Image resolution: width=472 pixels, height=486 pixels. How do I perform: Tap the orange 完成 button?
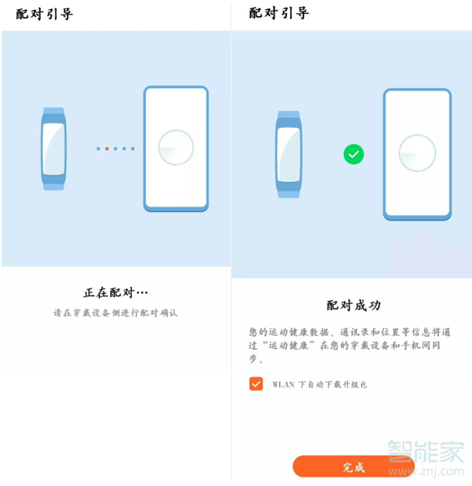point(352,467)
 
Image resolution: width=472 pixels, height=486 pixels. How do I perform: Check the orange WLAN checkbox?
point(256,383)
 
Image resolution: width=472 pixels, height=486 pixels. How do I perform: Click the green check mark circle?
point(353,154)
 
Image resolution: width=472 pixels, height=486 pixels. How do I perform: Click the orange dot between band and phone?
point(106,148)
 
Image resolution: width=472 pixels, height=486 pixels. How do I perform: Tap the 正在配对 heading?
point(115,292)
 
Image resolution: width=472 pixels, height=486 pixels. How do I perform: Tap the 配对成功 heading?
point(353,305)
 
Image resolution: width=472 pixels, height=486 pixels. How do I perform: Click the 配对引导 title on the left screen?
point(44,14)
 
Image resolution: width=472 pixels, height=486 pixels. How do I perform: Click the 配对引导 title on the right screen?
point(278,14)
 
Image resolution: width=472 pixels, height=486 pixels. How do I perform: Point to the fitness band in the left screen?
point(53,148)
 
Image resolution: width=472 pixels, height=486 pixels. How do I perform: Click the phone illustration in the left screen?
point(176,148)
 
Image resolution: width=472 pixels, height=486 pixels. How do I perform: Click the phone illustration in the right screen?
point(417,154)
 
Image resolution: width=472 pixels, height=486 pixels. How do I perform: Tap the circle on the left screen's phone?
point(176,147)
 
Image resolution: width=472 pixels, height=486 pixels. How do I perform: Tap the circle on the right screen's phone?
point(417,153)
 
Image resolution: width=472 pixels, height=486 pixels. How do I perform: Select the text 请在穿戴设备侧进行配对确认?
point(116,313)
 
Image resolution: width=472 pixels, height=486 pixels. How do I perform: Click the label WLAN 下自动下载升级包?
point(319,384)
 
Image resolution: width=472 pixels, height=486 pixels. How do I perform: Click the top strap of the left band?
point(53,112)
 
